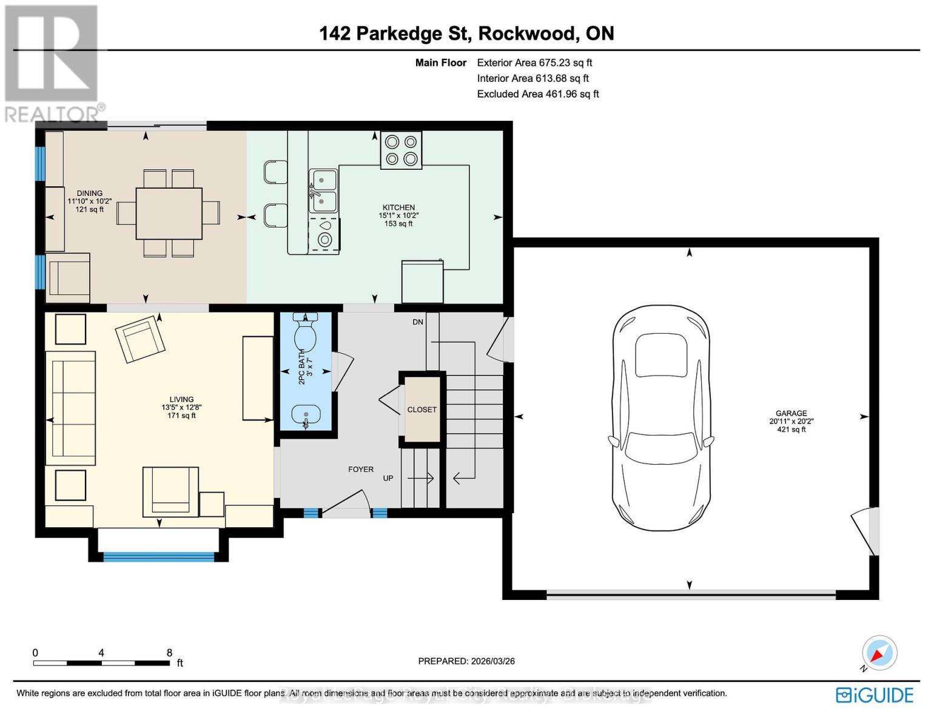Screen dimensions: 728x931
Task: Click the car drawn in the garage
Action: point(660,418)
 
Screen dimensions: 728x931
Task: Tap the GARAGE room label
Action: point(791,413)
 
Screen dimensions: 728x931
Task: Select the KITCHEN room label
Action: point(398,207)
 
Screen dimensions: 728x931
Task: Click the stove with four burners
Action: point(401,150)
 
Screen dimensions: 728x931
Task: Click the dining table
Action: point(169,214)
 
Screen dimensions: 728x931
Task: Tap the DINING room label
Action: point(89,194)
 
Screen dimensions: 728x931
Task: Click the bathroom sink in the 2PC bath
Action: point(306,416)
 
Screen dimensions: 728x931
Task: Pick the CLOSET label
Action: point(422,409)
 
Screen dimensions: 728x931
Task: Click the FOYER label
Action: point(361,469)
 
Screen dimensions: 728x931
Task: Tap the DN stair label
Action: point(418,322)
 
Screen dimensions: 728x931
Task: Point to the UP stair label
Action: point(388,478)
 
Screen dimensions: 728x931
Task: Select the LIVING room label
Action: point(181,400)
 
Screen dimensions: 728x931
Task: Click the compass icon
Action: point(879,653)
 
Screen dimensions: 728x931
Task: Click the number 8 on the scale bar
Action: point(169,653)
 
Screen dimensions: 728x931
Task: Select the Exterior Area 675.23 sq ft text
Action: point(534,62)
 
